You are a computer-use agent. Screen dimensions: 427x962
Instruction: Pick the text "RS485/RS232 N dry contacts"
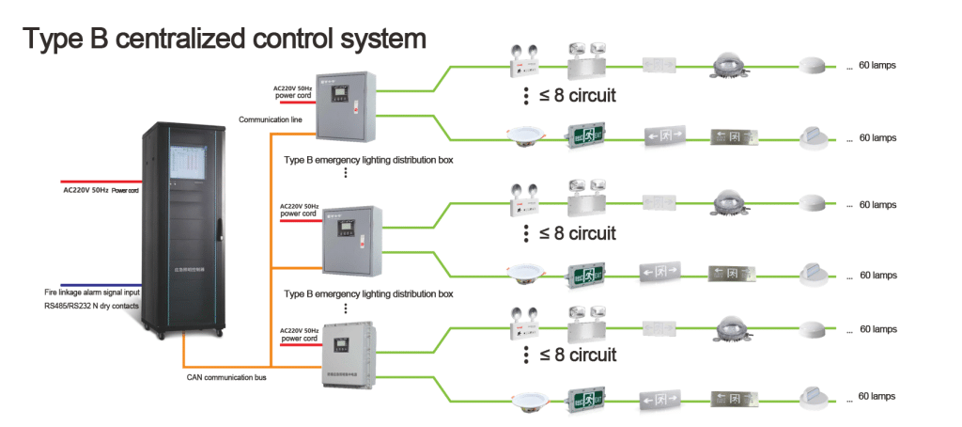click(x=91, y=306)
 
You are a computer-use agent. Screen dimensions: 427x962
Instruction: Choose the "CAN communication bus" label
click(x=226, y=378)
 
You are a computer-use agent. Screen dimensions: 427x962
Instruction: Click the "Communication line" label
click(x=270, y=119)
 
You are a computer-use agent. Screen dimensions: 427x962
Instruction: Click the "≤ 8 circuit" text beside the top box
click(x=577, y=96)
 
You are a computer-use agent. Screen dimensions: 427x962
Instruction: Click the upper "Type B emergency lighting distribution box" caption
click(x=368, y=160)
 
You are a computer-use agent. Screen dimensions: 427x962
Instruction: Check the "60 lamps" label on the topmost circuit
click(x=877, y=66)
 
